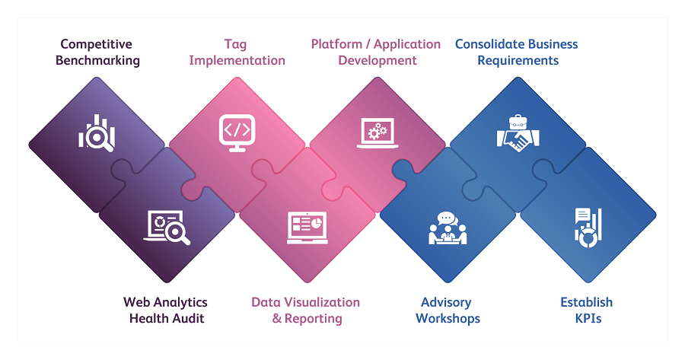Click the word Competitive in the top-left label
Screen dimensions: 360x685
[x=97, y=44]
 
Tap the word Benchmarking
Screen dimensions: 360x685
[x=97, y=61]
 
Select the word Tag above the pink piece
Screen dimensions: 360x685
[x=235, y=44]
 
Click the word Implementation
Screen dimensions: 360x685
[x=237, y=60]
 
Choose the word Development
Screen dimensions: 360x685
[x=378, y=60]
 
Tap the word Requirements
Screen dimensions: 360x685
[x=518, y=60]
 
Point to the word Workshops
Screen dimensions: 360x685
[x=448, y=318]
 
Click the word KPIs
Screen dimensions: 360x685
[x=588, y=318]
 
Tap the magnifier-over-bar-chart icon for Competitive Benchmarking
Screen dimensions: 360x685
[x=97, y=134]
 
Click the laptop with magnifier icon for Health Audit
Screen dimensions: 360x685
[x=167, y=227]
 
